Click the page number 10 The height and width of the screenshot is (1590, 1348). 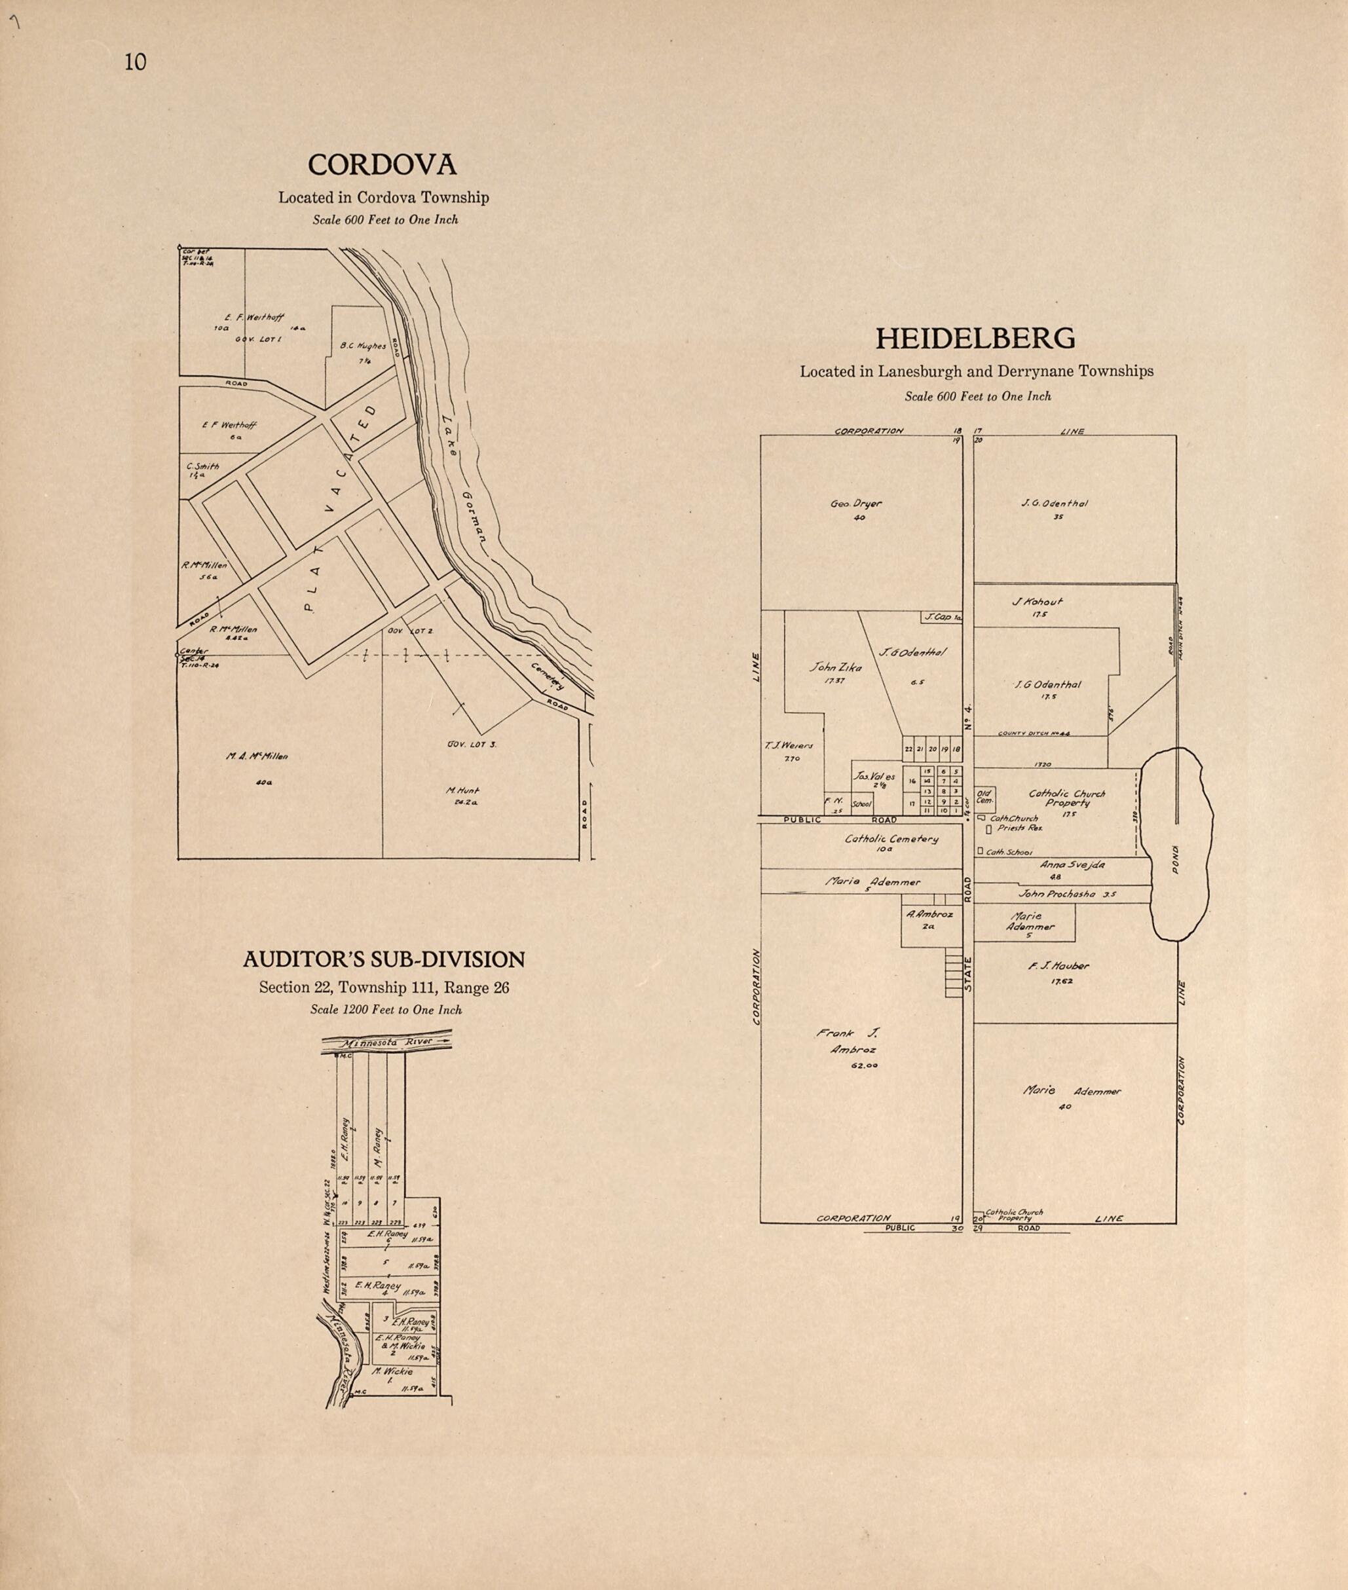pyautogui.click(x=135, y=63)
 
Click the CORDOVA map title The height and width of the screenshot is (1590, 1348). pyautogui.click(x=382, y=165)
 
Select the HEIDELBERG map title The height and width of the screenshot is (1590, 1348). pyautogui.click(x=975, y=339)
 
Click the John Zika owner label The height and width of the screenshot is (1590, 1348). pyautogui.click(x=835, y=668)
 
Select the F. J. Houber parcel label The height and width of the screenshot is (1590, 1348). pyautogui.click(x=1058, y=967)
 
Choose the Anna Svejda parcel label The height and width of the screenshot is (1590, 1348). pyautogui.click(x=1072, y=866)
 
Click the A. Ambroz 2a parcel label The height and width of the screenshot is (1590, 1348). pyautogui.click(x=929, y=915)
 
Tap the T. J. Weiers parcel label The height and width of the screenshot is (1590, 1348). pyautogui.click(x=789, y=746)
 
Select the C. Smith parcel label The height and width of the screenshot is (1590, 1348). pyautogui.click(x=202, y=467)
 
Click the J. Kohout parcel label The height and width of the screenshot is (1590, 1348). pyautogui.click(x=1038, y=601)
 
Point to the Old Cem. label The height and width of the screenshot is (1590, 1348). pyautogui.click(x=984, y=798)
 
